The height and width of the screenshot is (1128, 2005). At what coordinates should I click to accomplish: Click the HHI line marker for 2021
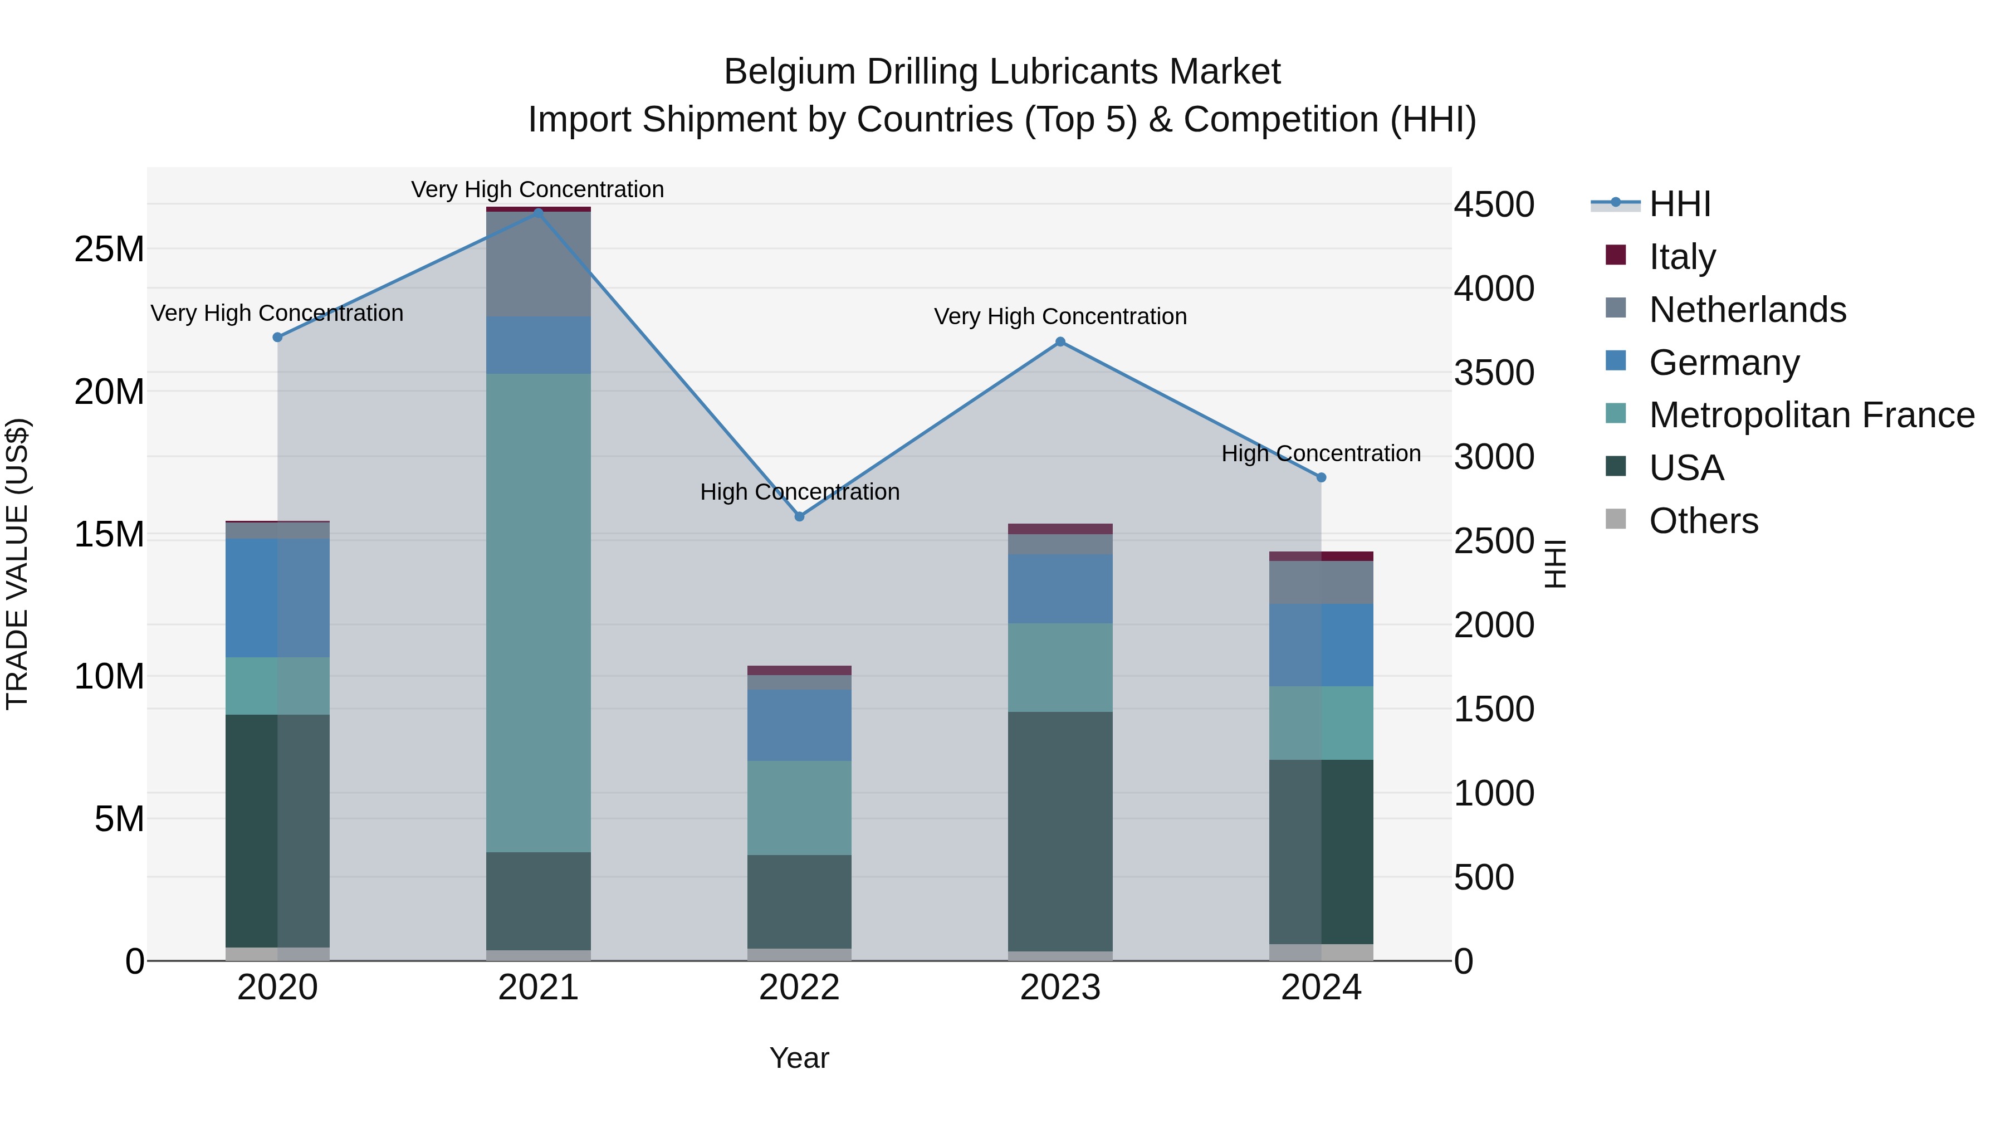click(538, 213)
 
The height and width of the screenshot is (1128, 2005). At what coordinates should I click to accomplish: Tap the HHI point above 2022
click(799, 516)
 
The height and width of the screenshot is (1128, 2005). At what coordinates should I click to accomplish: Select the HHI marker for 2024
click(1321, 477)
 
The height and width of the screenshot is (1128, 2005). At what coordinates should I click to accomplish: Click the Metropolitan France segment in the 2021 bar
click(538, 613)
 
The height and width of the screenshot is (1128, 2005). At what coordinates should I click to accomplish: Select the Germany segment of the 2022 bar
click(799, 725)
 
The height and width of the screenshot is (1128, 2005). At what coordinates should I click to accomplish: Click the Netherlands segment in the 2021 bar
click(538, 264)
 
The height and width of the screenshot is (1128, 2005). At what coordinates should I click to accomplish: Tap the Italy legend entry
click(1681, 257)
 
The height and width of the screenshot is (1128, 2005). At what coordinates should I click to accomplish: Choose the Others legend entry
click(1703, 521)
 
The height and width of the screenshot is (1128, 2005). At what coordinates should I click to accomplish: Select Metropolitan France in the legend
click(1811, 415)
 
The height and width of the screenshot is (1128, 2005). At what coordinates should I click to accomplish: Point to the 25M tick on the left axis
click(109, 249)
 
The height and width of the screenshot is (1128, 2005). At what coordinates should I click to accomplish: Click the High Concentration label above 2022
click(799, 492)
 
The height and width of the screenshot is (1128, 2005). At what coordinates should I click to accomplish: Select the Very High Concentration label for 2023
click(1060, 317)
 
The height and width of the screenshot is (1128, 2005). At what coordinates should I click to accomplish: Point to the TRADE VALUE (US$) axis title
click(17, 564)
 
